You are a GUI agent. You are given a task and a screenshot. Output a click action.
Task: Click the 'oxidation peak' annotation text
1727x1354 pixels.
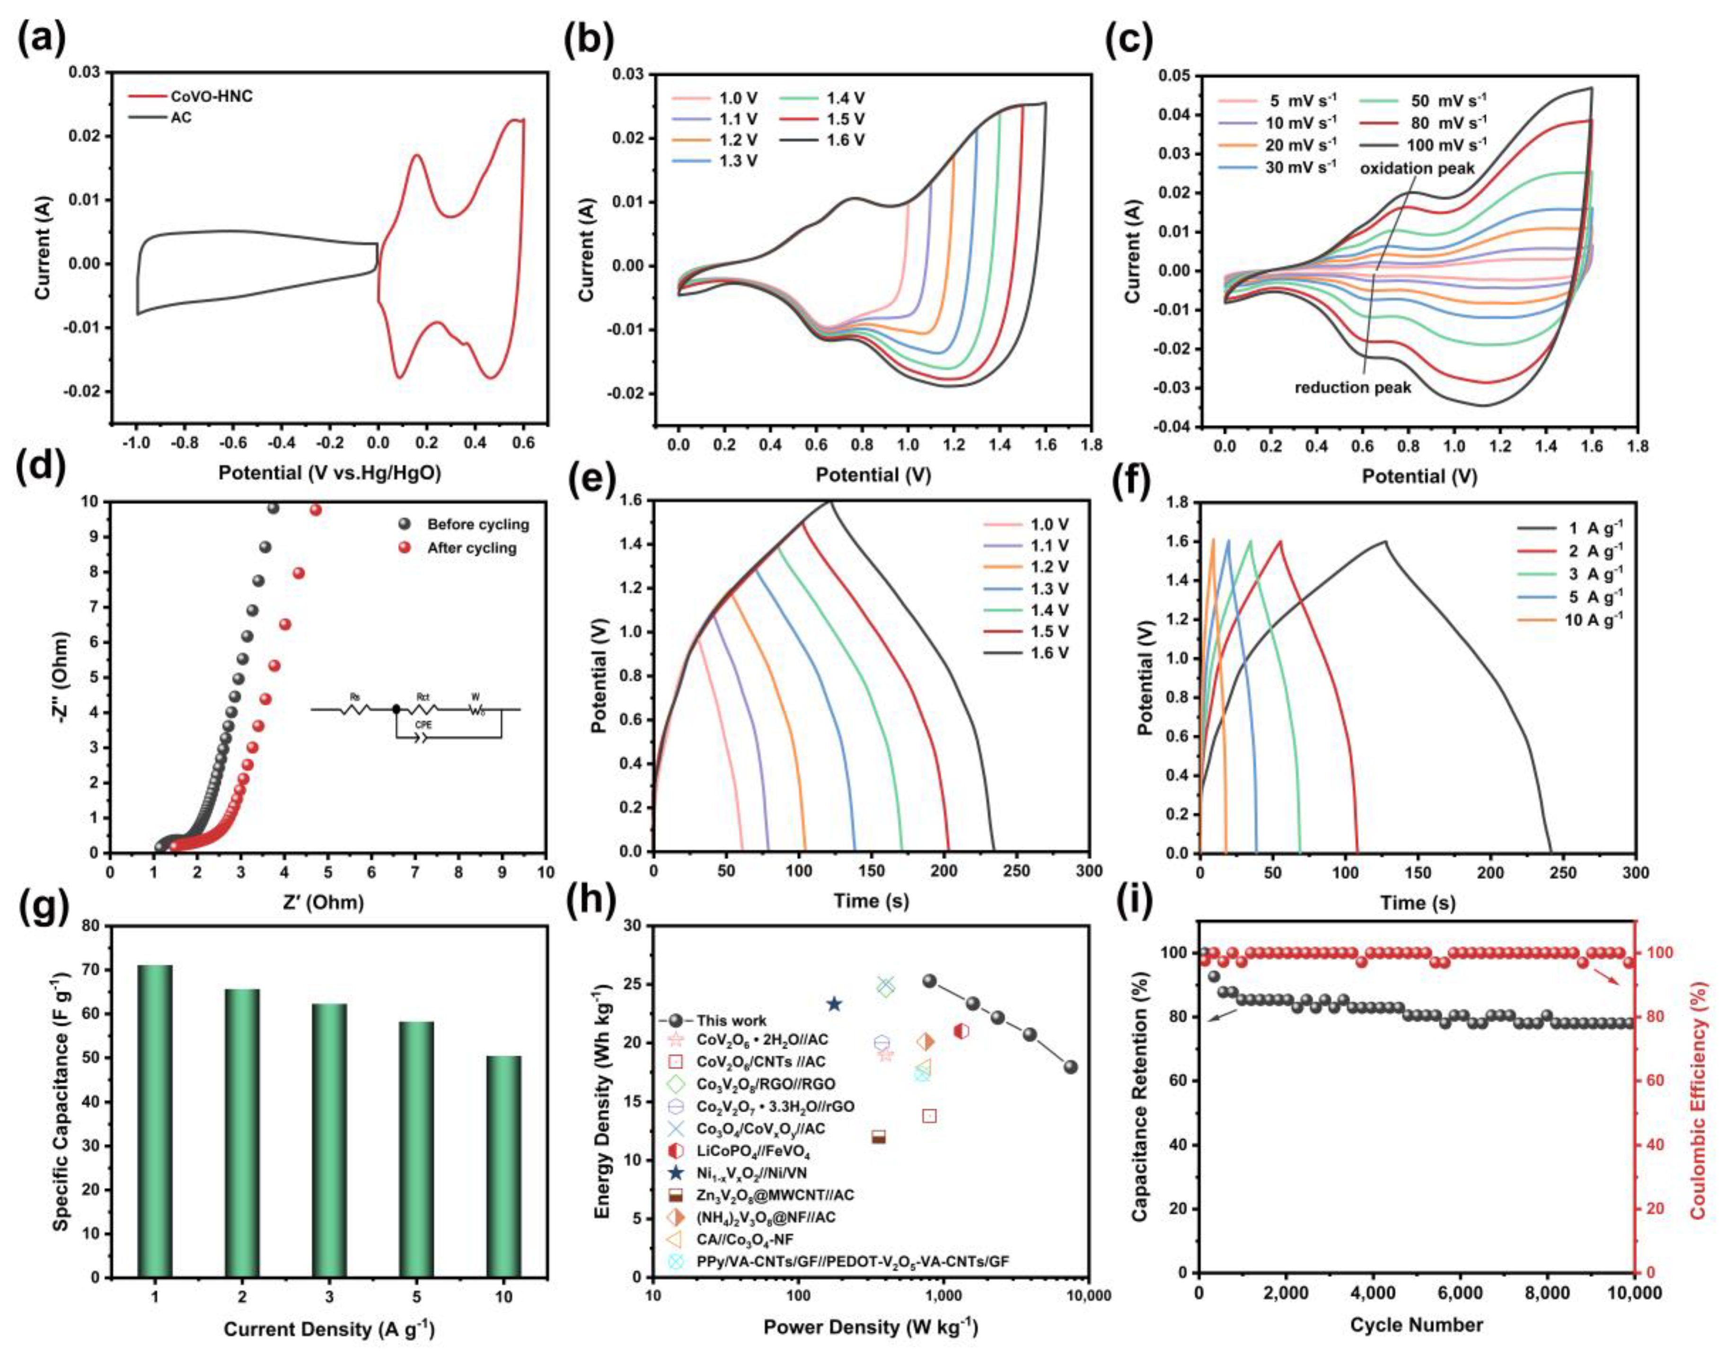[1417, 168]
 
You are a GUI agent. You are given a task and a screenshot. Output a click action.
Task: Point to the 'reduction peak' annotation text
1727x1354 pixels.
[1353, 387]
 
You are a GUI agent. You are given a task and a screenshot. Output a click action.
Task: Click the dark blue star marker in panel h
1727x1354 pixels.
[833, 1004]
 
